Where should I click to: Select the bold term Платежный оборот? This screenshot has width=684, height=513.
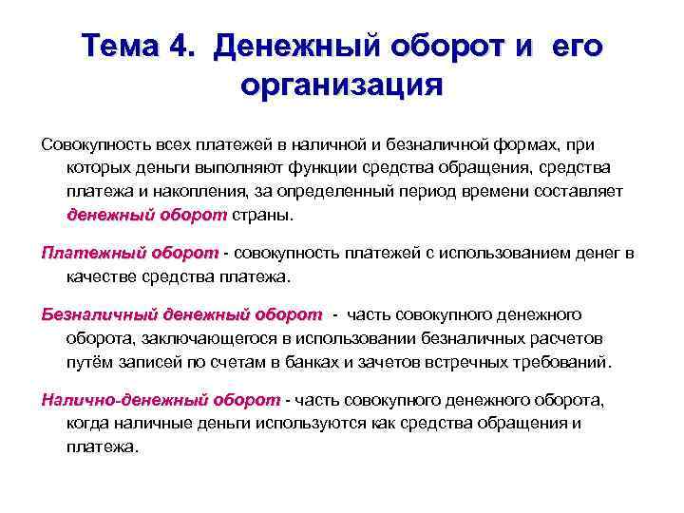coord(130,253)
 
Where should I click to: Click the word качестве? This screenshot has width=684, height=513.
coord(105,276)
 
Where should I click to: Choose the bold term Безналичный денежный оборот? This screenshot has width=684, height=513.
coord(181,314)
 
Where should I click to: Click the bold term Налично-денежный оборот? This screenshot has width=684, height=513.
coord(161,400)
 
